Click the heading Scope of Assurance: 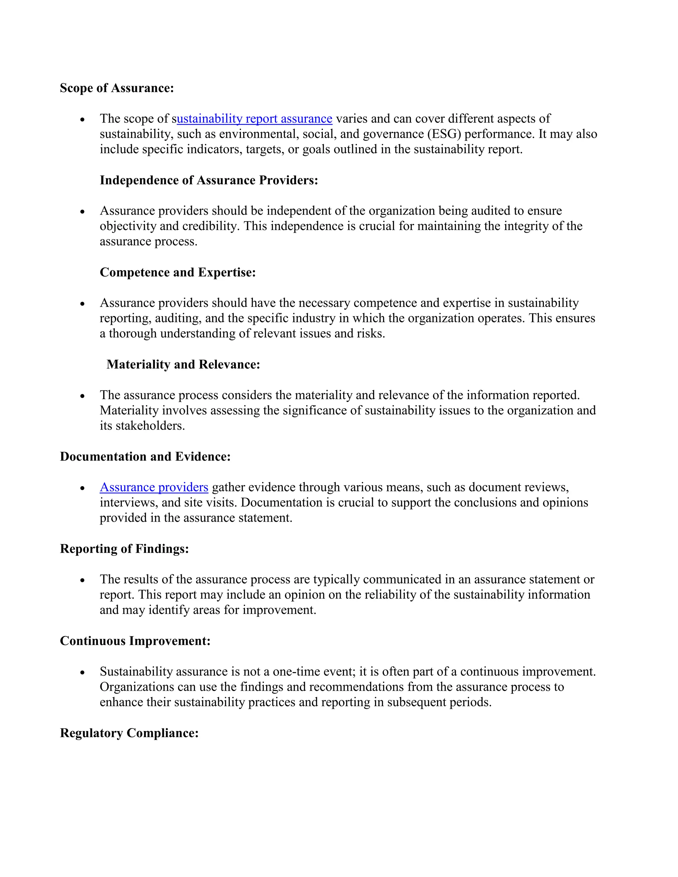pyautogui.click(x=117, y=88)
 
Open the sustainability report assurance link pyautogui.click(x=254, y=119)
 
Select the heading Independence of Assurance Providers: pyautogui.click(x=209, y=180)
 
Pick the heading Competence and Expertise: pyautogui.click(x=177, y=272)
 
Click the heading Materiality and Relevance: pyautogui.click(x=183, y=365)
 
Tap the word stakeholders pyautogui.click(x=150, y=426)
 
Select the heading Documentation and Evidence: pyautogui.click(x=145, y=457)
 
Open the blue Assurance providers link pyautogui.click(x=154, y=487)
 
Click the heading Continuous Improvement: pyautogui.click(x=135, y=641)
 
